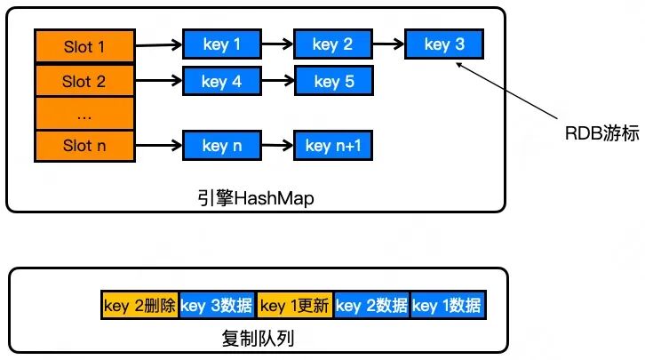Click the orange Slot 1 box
84,45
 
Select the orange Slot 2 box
84,80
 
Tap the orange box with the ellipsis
84,114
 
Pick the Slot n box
84,146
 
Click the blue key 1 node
222,44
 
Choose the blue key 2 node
333,44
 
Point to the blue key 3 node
444,44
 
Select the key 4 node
222,81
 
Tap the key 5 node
334,81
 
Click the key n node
222,145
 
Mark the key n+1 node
333,145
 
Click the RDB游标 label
602,133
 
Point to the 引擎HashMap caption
256,198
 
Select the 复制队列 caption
258,339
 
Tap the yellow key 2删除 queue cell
139,305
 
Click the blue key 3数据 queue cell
217,305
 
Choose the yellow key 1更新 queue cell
295,305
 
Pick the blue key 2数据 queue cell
372,305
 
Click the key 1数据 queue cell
448,305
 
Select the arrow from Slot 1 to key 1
159,44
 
